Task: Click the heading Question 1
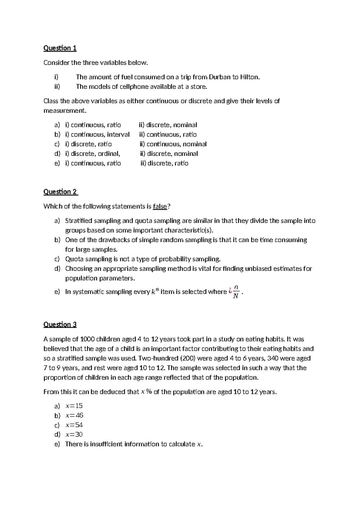[x=60, y=48]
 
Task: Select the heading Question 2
[x=60, y=192]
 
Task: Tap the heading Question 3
[x=60, y=324]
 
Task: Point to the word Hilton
[x=249, y=77]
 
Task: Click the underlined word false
[x=160, y=206]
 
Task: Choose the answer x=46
[x=74, y=415]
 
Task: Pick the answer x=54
[x=74, y=425]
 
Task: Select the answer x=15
[x=74, y=406]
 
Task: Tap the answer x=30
[x=74, y=435]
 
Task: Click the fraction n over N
[x=236, y=292]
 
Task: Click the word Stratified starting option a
[x=79, y=221]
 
